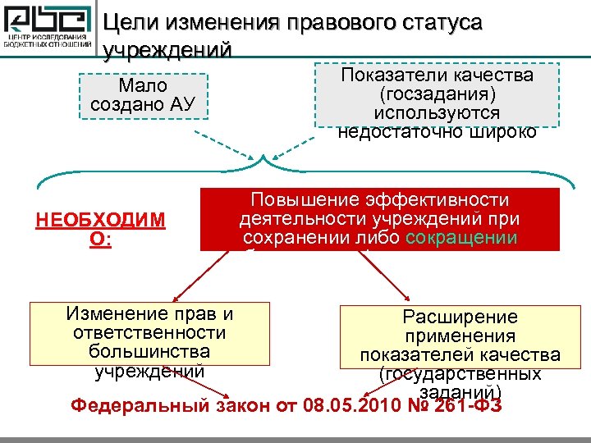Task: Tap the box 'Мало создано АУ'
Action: pos(143,95)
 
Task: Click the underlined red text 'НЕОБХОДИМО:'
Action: pos(100,229)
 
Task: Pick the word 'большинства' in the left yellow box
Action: pos(149,351)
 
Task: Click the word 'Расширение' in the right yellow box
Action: pos(460,317)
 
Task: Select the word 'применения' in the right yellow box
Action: pos(460,336)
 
